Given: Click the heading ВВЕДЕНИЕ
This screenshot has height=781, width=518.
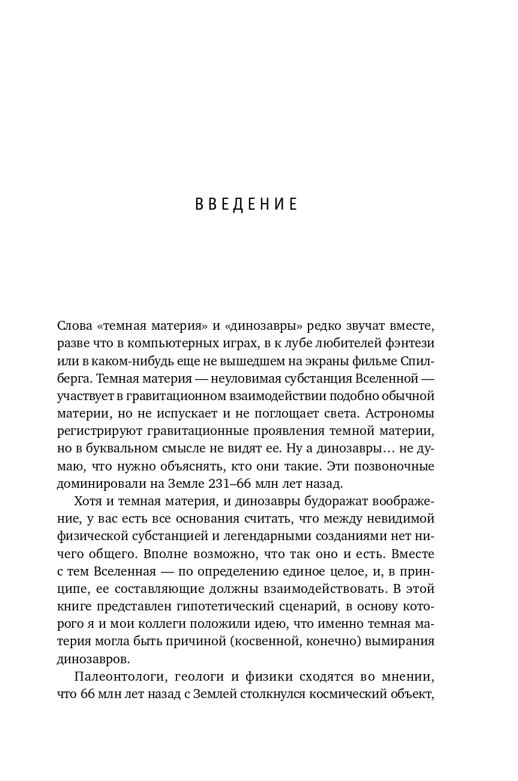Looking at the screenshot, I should click(247, 205).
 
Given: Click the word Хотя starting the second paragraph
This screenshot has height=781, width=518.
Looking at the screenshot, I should click(89, 500).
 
